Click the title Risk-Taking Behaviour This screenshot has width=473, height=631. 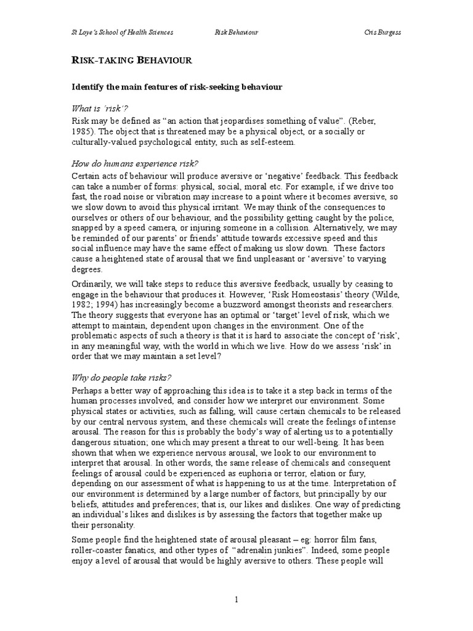[132, 60]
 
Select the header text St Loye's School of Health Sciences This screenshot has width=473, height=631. [123, 31]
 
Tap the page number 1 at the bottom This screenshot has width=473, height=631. [236, 599]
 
